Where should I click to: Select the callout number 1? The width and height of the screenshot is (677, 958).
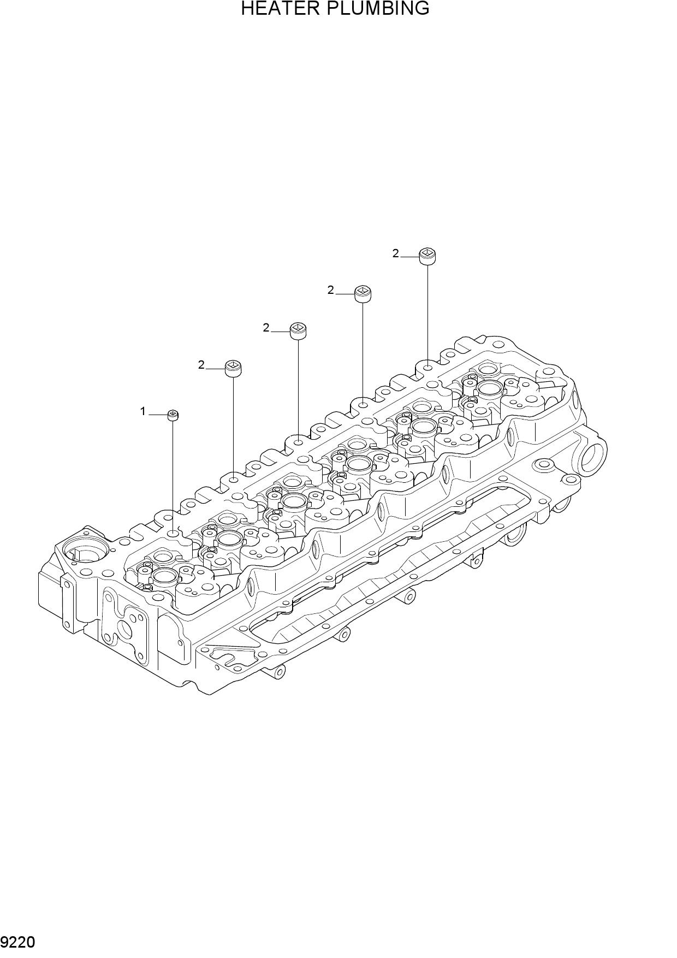point(143,411)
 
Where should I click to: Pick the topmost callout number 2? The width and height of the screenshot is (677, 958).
point(396,253)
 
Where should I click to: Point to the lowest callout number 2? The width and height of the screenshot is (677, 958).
point(201,365)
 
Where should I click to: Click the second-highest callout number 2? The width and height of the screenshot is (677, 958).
point(330,290)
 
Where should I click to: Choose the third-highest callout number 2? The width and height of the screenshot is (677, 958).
point(266,328)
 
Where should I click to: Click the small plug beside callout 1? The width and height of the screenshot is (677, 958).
point(173,415)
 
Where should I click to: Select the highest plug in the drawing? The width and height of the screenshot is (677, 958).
point(427,256)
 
